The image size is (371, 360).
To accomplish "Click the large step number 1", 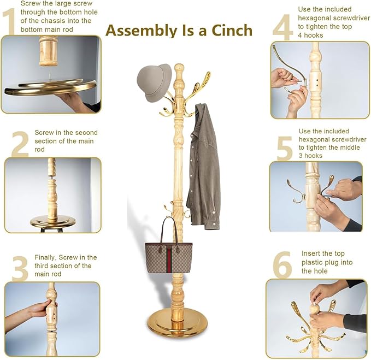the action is pyautogui.click(x=9, y=22).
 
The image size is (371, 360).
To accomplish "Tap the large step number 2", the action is pyautogui.click(x=20, y=144).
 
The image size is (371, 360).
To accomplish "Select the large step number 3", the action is pyautogui.click(x=20, y=269).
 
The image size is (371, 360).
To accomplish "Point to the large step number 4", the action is pyautogui.click(x=282, y=27).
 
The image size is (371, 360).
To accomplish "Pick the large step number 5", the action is pyautogui.click(x=285, y=148).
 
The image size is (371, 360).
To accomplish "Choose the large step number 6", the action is pyautogui.click(x=282, y=265).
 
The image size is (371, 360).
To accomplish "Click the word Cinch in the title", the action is pyautogui.click(x=232, y=31).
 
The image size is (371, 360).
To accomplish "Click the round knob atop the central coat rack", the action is pyautogui.click(x=179, y=69).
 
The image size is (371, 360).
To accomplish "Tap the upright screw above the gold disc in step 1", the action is pyautogui.click(x=50, y=76).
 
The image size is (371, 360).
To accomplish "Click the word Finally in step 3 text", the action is pyautogui.click(x=45, y=258).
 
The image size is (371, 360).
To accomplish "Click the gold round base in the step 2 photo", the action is pyautogui.click(x=53, y=222).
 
